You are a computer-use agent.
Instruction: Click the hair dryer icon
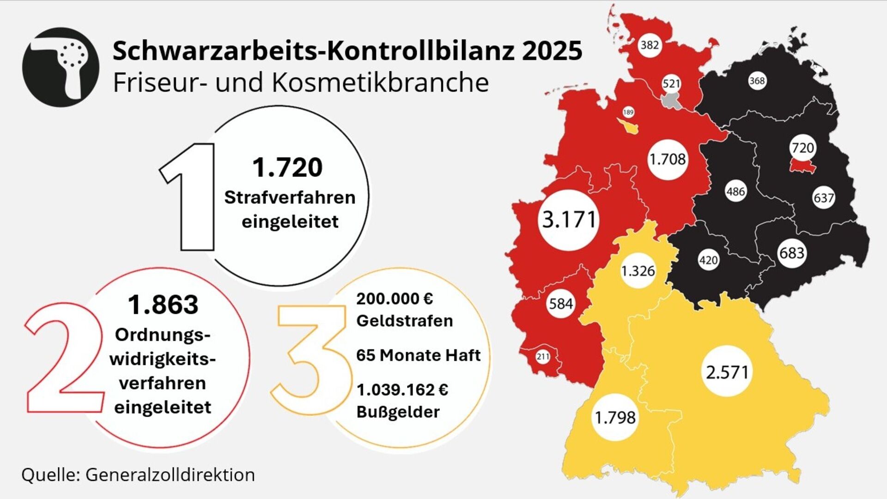tap(61, 67)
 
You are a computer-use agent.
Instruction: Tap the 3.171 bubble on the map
tap(569, 220)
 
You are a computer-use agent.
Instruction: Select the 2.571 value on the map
tap(727, 371)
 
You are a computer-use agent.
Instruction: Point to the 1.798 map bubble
tap(615, 418)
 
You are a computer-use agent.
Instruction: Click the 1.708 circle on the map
tap(668, 159)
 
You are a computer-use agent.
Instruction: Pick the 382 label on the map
tap(650, 45)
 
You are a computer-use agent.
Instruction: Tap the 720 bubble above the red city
tap(802, 148)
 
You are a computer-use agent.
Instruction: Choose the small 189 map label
tap(628, 112)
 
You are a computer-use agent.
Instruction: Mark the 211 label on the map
tap(543, 357)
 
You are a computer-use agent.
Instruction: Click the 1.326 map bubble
tap(638, 271)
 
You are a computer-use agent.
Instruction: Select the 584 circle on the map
tap(561, 304)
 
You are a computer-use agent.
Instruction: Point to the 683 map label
tap(792, 253)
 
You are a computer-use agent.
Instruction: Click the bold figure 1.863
tap(163, 305)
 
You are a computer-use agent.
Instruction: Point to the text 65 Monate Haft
tap(418, 355)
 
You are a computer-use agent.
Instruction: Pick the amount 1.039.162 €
tap(402, 390)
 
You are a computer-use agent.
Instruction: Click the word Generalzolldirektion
tap(170, 475)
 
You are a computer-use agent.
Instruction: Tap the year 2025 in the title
tap(552, 50)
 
